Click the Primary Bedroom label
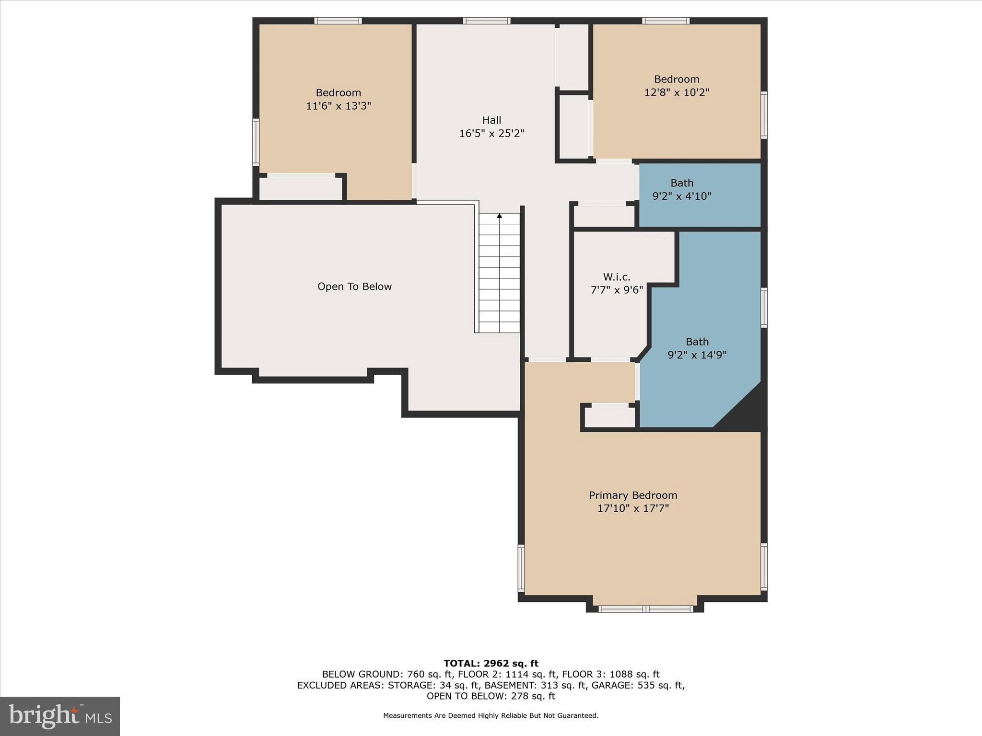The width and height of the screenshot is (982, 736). click(632, 495)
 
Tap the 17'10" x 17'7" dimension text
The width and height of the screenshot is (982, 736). click(632, 508)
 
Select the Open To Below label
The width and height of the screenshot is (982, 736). click(354, 287)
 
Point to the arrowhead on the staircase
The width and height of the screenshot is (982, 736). click(499, 216)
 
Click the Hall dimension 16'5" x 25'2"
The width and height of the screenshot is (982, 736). click(491, 134)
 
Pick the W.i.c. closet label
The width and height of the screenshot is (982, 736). click(617, 277)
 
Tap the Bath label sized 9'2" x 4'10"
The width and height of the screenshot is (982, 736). click(681, 183)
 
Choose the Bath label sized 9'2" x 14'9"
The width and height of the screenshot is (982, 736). click(697, 342)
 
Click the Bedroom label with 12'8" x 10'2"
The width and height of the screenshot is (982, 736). click(676, 79)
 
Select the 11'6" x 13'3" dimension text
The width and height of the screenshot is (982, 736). click(339, 106)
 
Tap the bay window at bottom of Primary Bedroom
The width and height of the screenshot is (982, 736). click(645, 609)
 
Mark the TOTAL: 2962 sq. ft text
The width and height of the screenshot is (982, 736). click(491, 663)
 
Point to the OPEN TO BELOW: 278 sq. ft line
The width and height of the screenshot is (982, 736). click(491, 696)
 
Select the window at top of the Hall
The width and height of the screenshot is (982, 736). click(486, 21)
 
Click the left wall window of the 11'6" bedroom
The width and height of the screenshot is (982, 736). click(256, 142)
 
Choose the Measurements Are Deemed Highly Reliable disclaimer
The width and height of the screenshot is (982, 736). click(491, 715)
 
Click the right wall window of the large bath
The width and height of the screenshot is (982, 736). click(764, 308)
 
